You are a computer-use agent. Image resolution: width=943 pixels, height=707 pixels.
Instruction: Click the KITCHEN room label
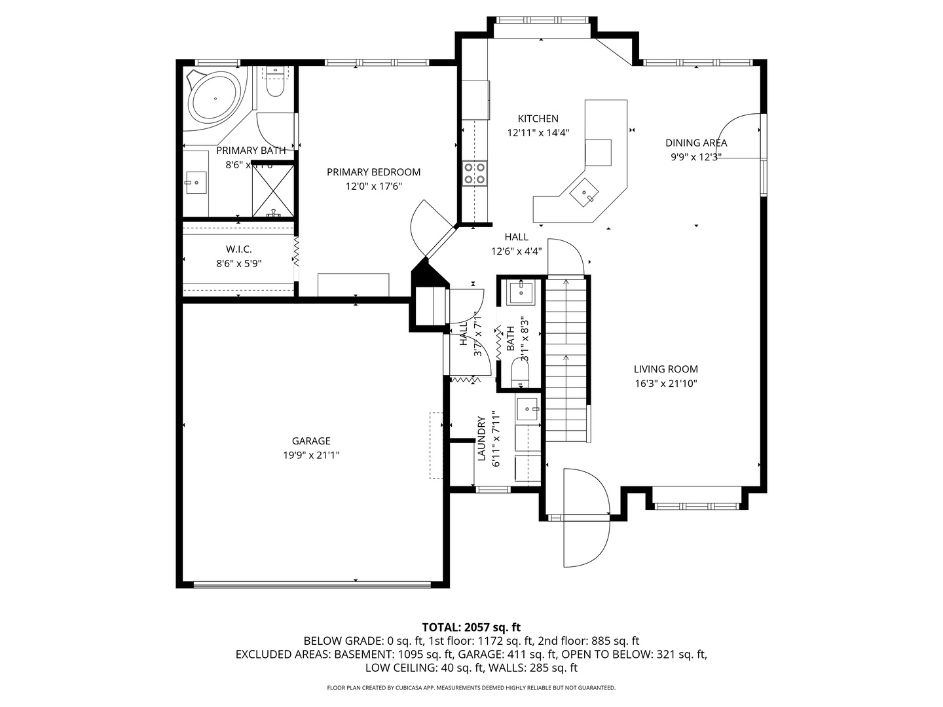point(538,118)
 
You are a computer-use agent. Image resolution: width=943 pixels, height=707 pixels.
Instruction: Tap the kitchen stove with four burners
point(475,173)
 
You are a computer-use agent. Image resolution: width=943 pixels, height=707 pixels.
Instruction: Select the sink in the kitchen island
point(583,193)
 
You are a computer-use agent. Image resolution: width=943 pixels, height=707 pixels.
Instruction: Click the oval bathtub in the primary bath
point(215,99)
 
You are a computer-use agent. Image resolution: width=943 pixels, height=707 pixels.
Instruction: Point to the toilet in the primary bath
point(276,84)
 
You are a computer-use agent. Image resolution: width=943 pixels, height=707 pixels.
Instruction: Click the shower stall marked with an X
point(273,190)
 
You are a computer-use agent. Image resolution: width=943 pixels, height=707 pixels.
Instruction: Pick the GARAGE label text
point(311,441)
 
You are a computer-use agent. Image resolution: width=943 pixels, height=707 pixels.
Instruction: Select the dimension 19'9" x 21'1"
point(311,456)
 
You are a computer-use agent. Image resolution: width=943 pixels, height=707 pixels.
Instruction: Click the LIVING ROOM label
point(665,369)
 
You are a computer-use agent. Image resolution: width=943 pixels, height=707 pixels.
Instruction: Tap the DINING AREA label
point(696,143)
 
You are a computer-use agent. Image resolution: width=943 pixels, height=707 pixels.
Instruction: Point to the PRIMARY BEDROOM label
point(373,172)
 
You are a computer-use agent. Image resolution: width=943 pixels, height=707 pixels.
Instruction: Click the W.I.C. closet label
point(238,249)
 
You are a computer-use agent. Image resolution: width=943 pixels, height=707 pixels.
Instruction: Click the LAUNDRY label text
point(481,439)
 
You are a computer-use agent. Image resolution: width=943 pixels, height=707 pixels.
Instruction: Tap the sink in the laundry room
point(528,410)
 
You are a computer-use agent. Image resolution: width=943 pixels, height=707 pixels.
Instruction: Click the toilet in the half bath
point(520,375)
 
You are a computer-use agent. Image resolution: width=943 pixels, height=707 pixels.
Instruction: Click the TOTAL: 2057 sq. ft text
point(471,627)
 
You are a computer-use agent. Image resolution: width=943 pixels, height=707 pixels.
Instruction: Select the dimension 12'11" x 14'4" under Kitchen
point(538,133)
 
